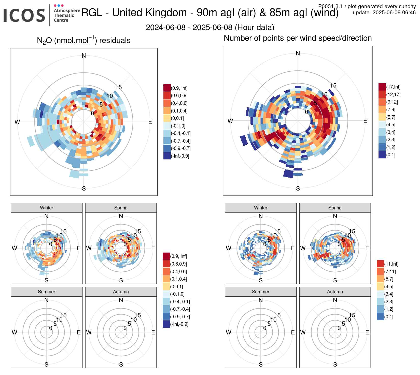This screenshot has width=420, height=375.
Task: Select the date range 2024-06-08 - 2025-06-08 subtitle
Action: tap(210, 27)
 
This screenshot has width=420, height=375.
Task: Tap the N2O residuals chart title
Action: tap(84, 40)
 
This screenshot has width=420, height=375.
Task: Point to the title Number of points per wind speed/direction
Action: tap(298, 38)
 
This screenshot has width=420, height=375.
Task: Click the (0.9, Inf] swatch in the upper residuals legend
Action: tap(167, 88)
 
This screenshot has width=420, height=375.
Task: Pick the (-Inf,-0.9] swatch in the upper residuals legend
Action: tap(167, 156)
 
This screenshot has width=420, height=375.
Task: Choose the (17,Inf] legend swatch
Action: tap(382, 87)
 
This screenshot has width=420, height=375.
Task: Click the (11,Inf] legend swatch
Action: tap(380, 264)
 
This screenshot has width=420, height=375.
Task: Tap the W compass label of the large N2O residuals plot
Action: tap(17, 122)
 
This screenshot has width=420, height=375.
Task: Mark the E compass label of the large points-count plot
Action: tap(365, 121)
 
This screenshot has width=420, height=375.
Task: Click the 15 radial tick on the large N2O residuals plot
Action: tap(119, 87)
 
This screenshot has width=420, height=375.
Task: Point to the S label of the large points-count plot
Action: tap(298, 189)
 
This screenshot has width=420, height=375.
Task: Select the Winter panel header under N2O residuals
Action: tap(47, 208)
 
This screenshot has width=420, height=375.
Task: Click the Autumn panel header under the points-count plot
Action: tap(335, 292)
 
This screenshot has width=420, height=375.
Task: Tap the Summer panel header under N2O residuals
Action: tap(47, 292)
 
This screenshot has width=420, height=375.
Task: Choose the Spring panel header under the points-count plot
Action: tap(335, 208)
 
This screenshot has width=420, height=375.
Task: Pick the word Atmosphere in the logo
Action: tap(67, 10)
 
